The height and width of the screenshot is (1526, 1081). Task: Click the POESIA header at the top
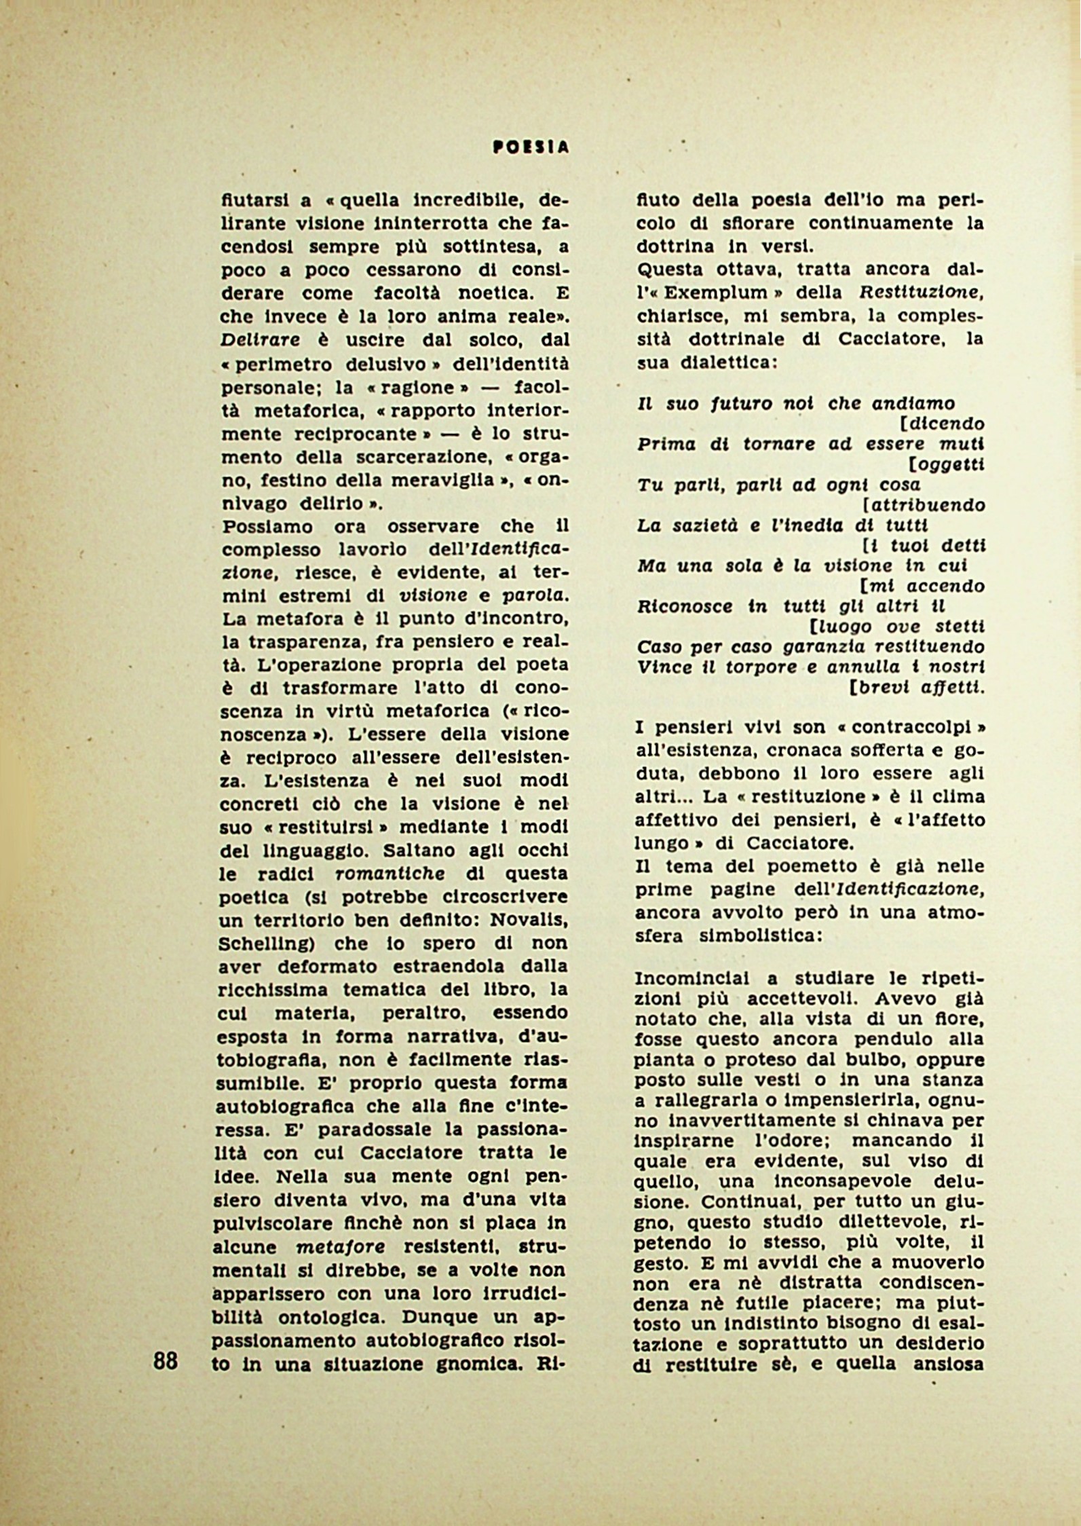point(531,147)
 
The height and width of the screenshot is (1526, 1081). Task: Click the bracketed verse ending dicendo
point(945,424)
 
